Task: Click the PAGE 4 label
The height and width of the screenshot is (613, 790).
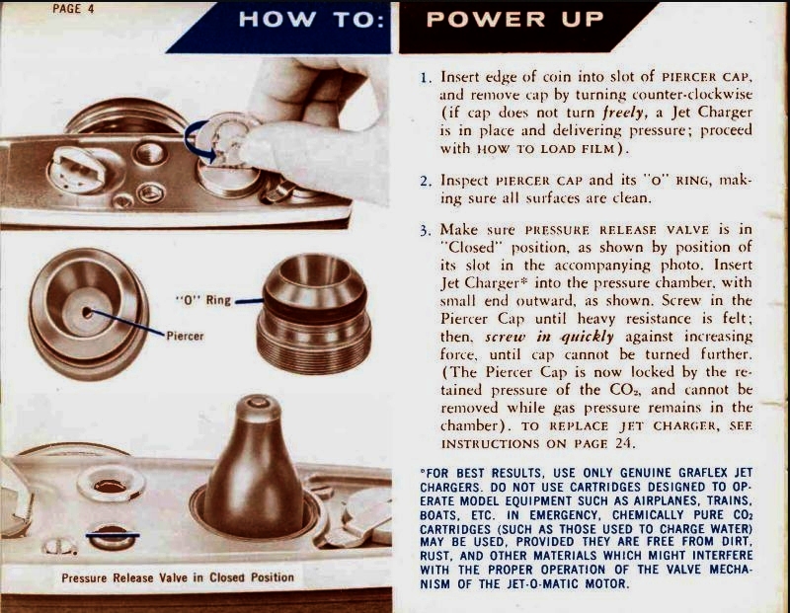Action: point(73,9)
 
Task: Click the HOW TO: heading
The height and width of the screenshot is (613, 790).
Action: point(311,20)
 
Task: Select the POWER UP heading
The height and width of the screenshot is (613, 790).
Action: point(514,20)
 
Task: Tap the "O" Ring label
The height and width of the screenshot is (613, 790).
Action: point(203,300)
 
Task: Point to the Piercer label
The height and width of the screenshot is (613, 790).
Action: point(185,336)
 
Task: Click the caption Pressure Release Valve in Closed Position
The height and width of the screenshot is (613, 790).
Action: point(178,577)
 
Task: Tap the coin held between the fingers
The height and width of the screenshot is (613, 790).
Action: point(227,138)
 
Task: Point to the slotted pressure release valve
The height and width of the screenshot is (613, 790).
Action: point(113,536)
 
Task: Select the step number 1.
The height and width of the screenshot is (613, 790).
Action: point(426,78)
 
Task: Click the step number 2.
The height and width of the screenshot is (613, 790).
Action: point(426,182)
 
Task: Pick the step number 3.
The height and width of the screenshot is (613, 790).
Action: point(426,231)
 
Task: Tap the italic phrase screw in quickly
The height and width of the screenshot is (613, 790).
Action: point(549,337)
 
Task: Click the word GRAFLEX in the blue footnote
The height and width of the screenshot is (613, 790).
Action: point(703,473)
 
